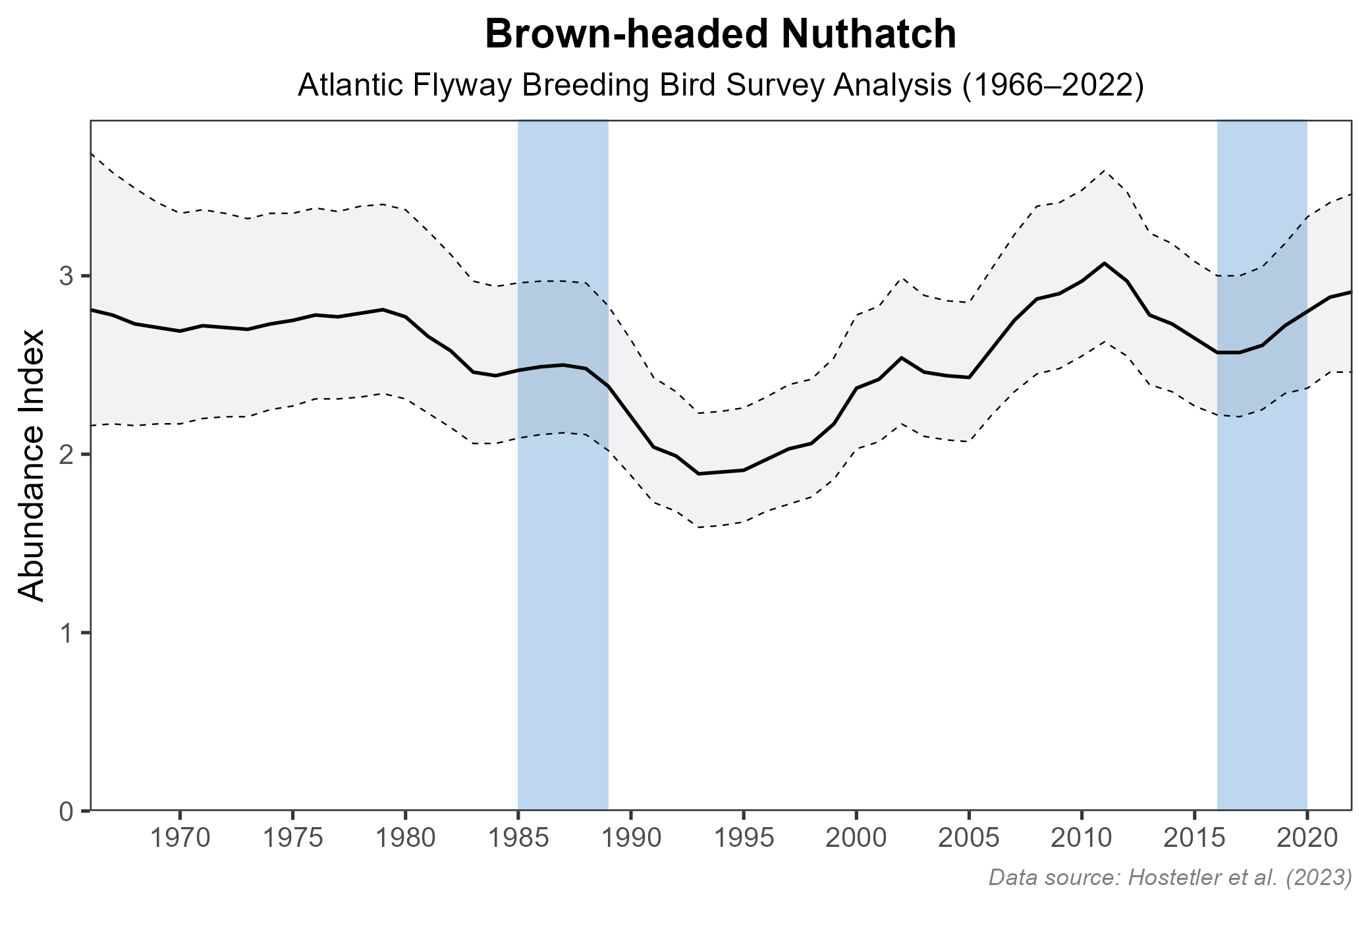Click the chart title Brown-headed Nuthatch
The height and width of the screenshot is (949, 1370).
coord(721,35)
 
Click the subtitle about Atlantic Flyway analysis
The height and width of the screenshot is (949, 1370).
coord(721,86)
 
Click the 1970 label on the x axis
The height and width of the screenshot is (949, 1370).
coord(180,839)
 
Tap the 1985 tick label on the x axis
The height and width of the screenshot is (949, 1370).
coord(518,839)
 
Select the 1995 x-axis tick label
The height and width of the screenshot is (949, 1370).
coord(744,839)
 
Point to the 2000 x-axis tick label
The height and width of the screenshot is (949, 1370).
coord(856,839)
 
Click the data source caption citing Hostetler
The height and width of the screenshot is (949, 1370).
coord(1170,877)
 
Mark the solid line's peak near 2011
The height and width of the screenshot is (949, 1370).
coord(1104,263)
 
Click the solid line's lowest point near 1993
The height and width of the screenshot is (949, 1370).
coord(698,474)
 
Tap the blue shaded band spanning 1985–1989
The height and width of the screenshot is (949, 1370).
coord(562,593)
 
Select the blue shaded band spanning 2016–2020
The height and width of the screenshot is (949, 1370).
coord(1262,593)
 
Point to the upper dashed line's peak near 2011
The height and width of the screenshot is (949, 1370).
coord(1104,170)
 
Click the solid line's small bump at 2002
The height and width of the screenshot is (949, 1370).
coord(901,358)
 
